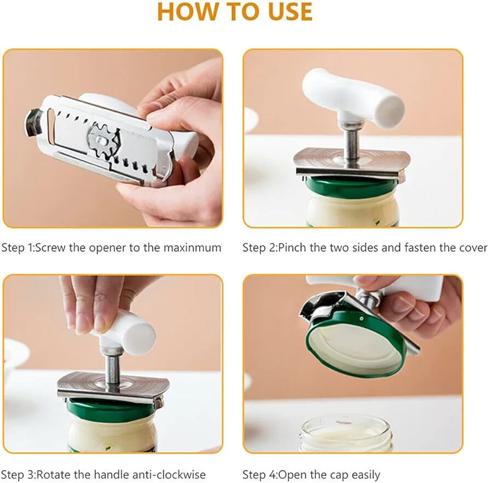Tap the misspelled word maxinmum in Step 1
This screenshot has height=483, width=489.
tap(193, 248)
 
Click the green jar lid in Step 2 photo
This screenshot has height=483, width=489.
tap(352, 186)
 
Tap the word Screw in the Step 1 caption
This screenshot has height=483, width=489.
tap(50, 248)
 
